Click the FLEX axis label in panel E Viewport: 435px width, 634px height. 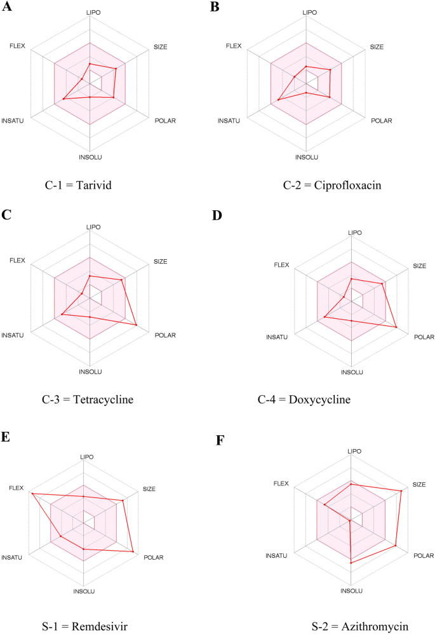coord(16,488)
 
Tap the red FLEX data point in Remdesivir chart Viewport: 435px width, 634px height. coord(30,493)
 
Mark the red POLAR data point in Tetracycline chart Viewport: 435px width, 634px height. coord(137,325)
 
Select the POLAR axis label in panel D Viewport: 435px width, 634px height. coord(424,337)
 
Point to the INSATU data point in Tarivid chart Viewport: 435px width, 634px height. coord(64,99)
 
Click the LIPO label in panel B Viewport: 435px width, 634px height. coord(309,12)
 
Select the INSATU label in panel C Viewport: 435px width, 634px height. coord(13,335)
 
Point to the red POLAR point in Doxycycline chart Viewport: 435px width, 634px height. coord(396,327)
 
